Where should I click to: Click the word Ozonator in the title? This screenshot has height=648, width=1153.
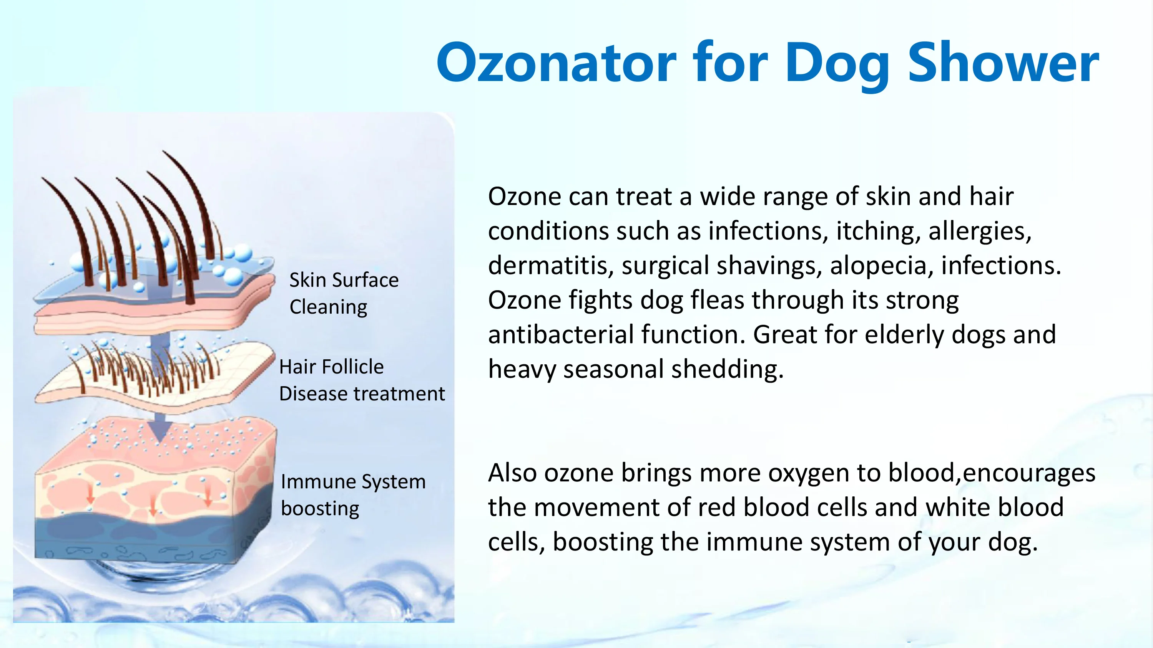pyautogui.click(x=557, y=62)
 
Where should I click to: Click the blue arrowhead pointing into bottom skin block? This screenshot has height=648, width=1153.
pyautogui.click(x=160, y=428)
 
